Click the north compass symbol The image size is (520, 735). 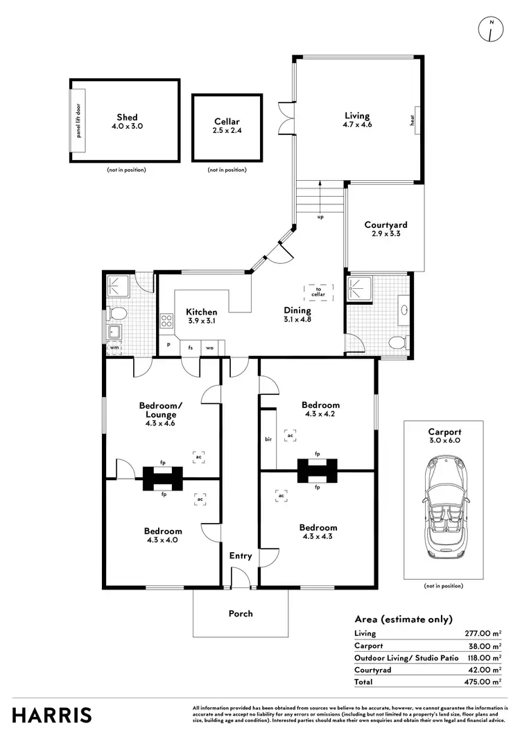[x=491, y=30]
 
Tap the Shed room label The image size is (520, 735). [x=127, y=118]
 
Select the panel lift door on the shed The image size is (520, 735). [x=78, y=121]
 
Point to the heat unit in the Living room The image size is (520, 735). [x=413, y=121]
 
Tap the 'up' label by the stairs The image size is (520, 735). [x=320, y=216]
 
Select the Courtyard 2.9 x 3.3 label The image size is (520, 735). [x=385, y=229]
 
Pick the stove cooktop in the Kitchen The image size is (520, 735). [x=166, y=320]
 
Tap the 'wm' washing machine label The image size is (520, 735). [x=114, y=347]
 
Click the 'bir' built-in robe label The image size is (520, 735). [x=268, y=439]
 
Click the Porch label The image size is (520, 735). [x=241, y=613]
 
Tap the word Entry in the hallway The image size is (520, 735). [x=241, y=556]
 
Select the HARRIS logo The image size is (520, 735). [x=51, y=714]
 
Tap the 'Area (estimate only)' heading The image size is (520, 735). [x=404, y=619]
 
